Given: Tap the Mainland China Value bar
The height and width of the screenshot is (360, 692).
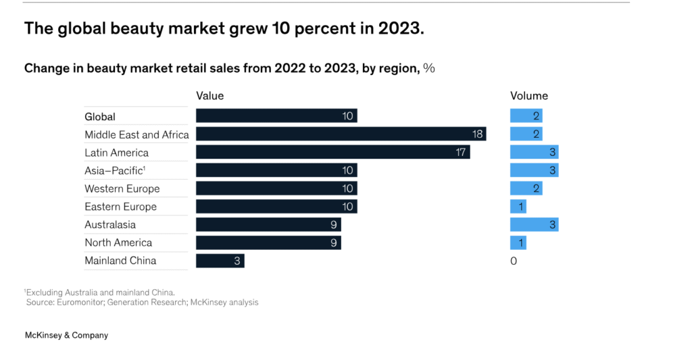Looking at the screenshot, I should pyautogui.click(x=220, y=261).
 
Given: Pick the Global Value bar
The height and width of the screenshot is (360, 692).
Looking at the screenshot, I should pyautogui.click(x=276, y=116).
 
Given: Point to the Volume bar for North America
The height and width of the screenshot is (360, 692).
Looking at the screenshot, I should pyautogui.click(x=518, y=242).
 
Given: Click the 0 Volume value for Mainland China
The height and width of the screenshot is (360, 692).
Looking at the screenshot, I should pyautogui.click(x=514, y=261).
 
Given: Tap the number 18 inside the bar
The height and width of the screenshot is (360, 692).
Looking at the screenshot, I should pyautogui.click(x=477, y=134).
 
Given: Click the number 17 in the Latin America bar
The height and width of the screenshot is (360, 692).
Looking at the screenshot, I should pyautogui.click(x=461, y=153).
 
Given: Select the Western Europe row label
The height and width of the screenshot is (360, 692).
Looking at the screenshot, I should pyautogui.click(x=122, y=188).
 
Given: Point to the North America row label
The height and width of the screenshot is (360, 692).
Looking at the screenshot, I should pyautogui.click(x=118, y=242).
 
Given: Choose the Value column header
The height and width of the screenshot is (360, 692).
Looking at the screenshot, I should pyautogui.click(x=209, y=96).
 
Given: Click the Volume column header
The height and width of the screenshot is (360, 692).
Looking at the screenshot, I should pyautogui.click(x=528, y=96).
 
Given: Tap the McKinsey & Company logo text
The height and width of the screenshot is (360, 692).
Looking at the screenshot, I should pyautogui.click(x=66, y=335).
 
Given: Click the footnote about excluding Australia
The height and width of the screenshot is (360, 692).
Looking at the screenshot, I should pyautogui.click(x=99, y=292).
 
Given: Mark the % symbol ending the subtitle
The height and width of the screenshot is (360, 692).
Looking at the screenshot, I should pyautogui.click(x=428, y=68).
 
